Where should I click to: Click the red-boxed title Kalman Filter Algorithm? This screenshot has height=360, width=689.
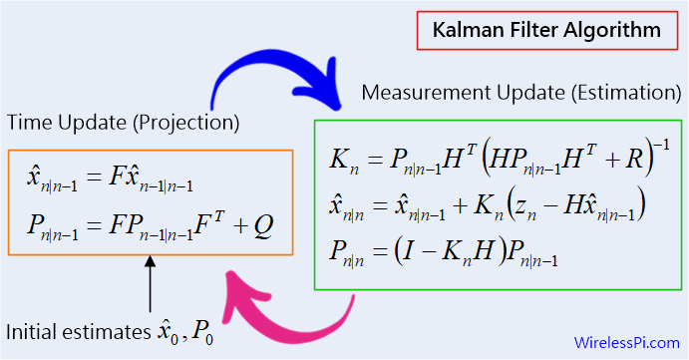pos(546,30)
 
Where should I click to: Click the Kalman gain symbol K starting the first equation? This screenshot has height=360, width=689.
pos(339,159)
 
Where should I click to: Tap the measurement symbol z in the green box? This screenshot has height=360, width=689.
pos(526,206)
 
